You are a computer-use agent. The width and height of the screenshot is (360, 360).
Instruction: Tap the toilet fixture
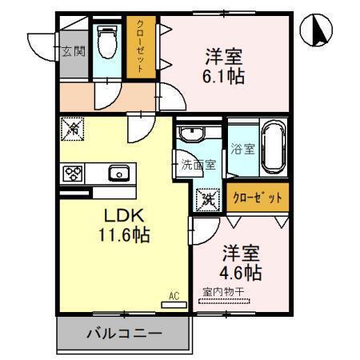pyautogui.click(x=106, y=44)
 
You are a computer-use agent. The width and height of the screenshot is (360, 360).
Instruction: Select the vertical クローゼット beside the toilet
pyautogui.click(x=140, y=48)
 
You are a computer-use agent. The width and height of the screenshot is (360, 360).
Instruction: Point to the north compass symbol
pyautogui.click(x=317, y=31)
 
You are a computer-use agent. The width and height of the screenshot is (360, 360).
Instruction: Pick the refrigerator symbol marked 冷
pyautogui.click(x=72, y=127)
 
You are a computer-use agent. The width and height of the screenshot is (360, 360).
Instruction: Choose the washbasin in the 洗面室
pyautogui.click(x=192, y=134)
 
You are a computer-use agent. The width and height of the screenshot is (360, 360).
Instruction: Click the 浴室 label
pyautogui.click(x=242, y=148)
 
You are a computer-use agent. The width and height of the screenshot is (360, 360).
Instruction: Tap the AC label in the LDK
pyautogui.click(x=174, y=296)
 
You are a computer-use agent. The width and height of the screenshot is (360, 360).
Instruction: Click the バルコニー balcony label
pyautogui.click(x=124, y=334)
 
